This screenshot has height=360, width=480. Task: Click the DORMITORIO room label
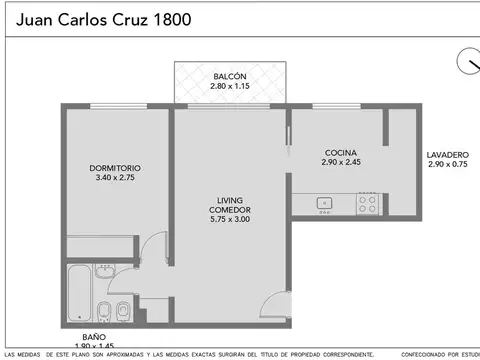pyautogui.click(x=114, y=167)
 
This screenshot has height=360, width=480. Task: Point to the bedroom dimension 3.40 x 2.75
pyautogui.click(x=114, y=178)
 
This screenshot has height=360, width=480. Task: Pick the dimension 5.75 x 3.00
pyautogui.click(x=229, y=219)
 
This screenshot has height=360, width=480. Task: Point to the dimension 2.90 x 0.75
pyautogui.click(x=447, y=165)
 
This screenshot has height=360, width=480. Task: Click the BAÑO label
pyautogui.click(x=93, y=337)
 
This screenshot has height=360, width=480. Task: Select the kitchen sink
pyautogui.click(x=324, y=204)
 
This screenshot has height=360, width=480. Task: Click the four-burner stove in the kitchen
pyautogui.click(x=368, y=204)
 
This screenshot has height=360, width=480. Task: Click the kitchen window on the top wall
pyautogui.click(x=336, y=106)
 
